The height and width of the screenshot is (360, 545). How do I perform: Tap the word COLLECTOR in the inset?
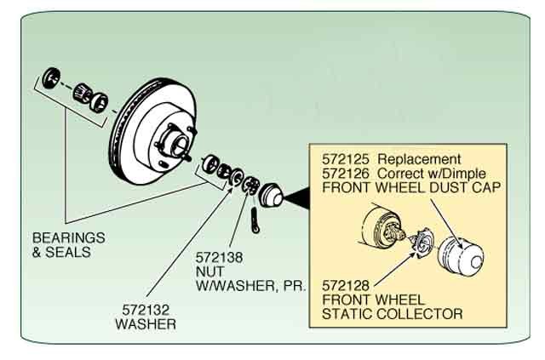pos(422,314)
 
